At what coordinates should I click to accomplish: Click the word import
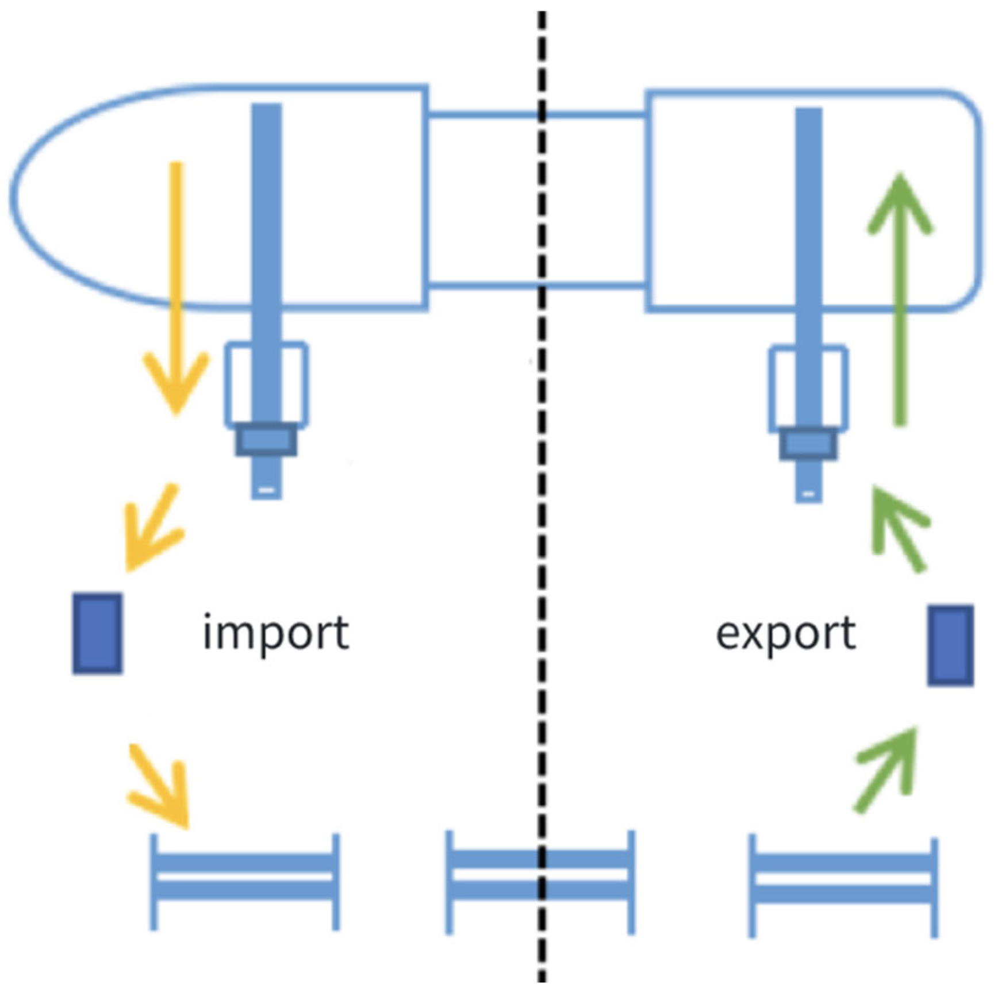tap(276, 634)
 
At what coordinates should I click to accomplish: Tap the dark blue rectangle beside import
tap(97, 633)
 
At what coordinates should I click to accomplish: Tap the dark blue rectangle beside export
tap(950, 645)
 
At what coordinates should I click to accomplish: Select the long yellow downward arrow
tap(176, 287)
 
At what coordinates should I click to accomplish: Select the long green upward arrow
tap(900, 299)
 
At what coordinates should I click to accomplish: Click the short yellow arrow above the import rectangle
tap(152, 529)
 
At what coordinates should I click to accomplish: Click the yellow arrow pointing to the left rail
tap(161, 787)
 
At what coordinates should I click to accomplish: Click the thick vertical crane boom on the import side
tap(267, 230)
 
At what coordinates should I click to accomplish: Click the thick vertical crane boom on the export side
tap(808, 230)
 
